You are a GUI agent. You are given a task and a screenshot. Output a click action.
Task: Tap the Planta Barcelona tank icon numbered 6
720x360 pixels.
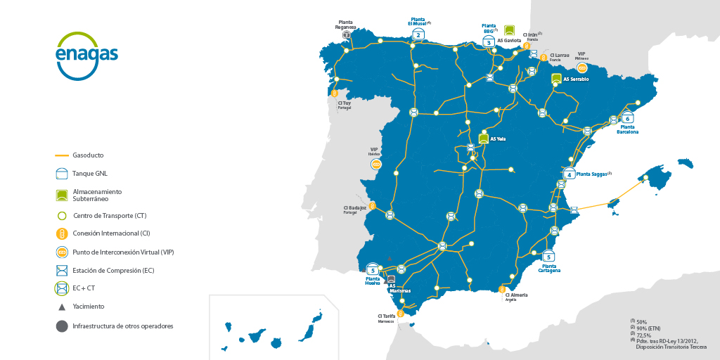[627, 118]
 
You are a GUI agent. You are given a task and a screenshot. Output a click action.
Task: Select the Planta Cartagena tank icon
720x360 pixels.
[548, 257]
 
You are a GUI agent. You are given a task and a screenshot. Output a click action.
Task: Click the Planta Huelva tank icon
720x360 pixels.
[373, 269]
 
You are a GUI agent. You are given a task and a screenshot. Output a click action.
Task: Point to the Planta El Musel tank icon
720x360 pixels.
[418, 34]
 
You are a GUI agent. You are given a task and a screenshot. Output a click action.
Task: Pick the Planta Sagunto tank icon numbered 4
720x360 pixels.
[570, 174]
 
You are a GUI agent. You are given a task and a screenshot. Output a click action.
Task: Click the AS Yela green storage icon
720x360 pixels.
[484, 139]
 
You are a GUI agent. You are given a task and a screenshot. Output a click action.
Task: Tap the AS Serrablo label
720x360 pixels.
[576, 79]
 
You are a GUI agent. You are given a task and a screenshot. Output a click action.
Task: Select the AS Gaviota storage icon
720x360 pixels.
[510, 31]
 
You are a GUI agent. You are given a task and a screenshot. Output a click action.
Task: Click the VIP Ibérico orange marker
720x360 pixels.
[376, 164]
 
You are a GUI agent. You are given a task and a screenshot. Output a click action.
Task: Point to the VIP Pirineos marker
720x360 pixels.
[582, 67]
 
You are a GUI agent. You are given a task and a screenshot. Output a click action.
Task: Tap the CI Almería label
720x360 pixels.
[516, 295]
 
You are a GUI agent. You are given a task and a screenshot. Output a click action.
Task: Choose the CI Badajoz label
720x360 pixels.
[355, 208]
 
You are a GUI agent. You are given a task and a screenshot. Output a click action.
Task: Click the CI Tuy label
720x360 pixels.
[345, 103]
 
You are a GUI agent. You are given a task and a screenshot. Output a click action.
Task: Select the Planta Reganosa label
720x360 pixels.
[347, 25]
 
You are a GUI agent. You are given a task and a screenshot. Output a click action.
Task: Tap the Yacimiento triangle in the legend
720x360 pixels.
[62, 307]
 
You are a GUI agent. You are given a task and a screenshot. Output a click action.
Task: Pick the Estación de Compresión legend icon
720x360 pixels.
[62, 270]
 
